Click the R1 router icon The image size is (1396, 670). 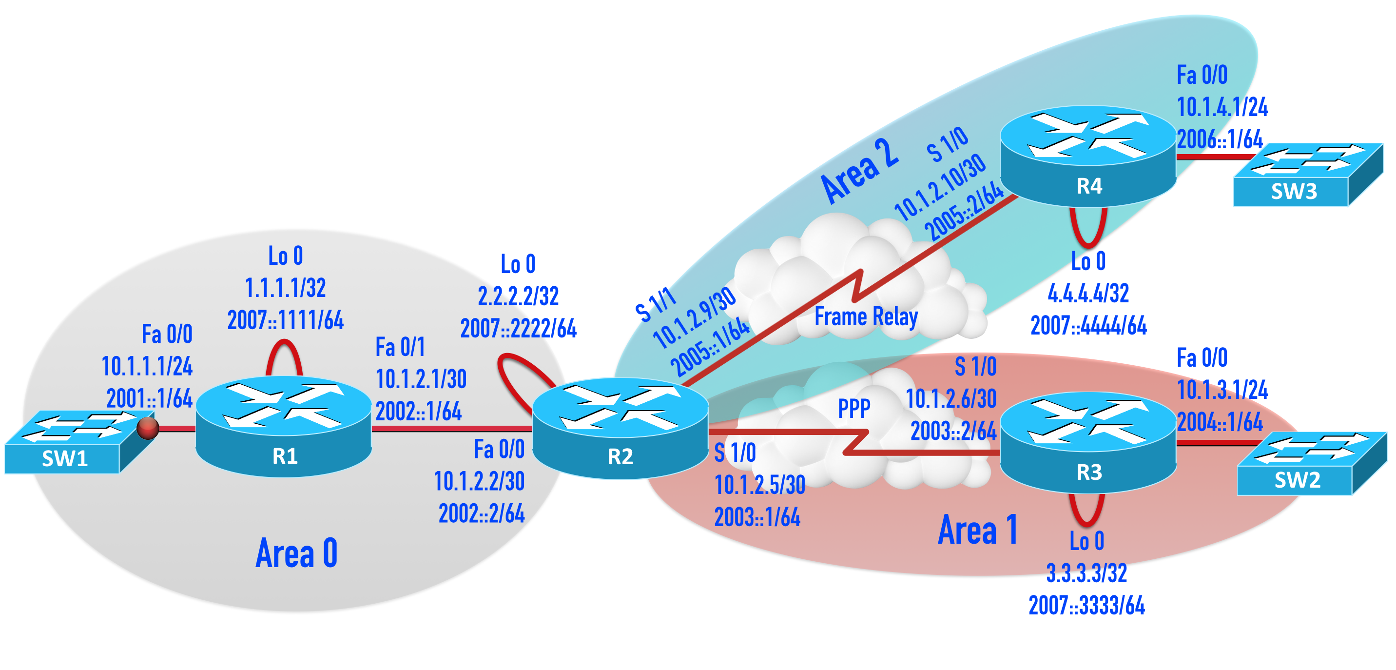[283, 427]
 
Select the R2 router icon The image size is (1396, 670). [620, 428]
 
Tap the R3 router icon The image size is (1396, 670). [1087, 442]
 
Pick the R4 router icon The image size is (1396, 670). [1087, 156]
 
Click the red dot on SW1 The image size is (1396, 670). [147, 428]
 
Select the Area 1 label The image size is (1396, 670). [977, 530]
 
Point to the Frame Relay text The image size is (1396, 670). [866, 316]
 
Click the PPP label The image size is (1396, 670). [853, 409]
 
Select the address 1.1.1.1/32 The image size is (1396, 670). [285, 288]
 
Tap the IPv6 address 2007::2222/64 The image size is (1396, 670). [518, 329]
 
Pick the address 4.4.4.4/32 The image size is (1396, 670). [1087, 293]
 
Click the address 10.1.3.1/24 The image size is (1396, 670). [1222, 390]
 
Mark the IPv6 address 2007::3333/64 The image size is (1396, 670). [1086, 606]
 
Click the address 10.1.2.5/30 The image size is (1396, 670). [759, 485]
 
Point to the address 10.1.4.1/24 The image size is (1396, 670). [1222, 107]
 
